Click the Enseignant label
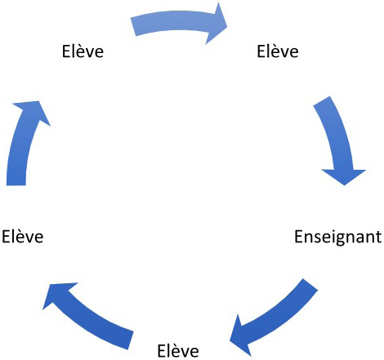tap(337, 238)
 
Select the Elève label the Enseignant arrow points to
tap(178, 350)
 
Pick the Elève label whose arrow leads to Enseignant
tap(278, 51)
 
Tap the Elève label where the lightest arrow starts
tap(83, 51)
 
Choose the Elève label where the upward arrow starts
tap(23, 236)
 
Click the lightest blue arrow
tap(177, 23)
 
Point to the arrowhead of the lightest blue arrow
tap(226, 27)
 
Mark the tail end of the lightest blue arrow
tap(133, 27)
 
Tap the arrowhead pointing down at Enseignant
tap(345, 185)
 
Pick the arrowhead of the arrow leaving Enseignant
tap(230, 340)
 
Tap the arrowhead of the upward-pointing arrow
tap(38, 101)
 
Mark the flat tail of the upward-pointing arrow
tap(16, 185)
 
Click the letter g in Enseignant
tap(339, 238)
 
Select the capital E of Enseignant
tap(299, 237)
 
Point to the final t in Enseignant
tap(378, 238)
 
